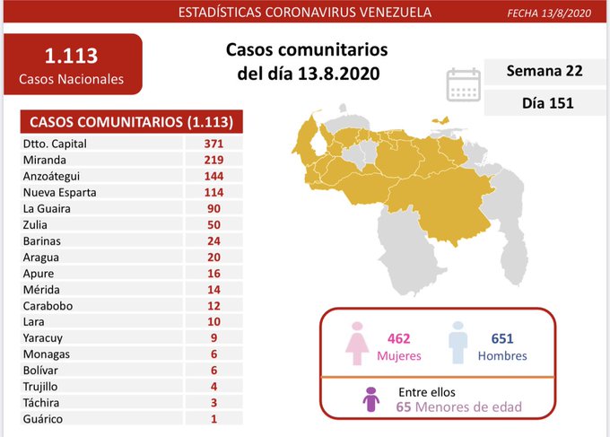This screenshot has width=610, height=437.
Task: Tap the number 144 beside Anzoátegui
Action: click(x=213, y=176)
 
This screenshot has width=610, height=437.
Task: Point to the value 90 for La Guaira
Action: click(x=213, y=208)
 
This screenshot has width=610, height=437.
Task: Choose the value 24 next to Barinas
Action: click(x=213, y=240)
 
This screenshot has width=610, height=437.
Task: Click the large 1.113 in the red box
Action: click(x=72, y=57)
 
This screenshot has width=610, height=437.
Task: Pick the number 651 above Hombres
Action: click(x=503, y=338)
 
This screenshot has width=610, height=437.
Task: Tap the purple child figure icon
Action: click(x=370, y=400)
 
